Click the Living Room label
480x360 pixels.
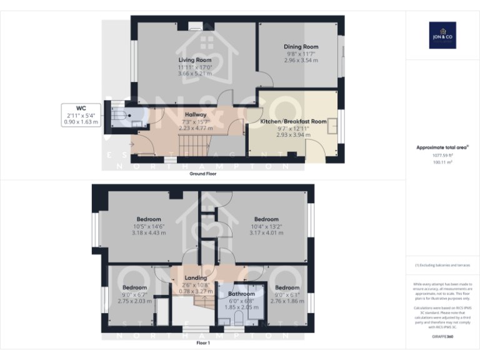196,60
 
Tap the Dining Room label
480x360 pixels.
301,47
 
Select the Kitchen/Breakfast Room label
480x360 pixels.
293,121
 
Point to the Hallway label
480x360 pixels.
178,114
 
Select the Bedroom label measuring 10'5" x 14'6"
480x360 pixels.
149,219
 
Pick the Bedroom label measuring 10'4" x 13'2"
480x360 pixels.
266,219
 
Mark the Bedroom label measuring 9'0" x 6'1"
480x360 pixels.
287,287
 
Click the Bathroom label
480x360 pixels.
241,294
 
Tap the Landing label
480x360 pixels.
196,278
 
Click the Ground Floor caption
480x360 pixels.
203,174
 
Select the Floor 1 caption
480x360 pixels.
203,343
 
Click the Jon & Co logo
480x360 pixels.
442,35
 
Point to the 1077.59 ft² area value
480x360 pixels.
442,154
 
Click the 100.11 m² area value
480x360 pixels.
442,161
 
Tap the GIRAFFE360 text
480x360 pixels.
442,337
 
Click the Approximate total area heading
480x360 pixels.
442,147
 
